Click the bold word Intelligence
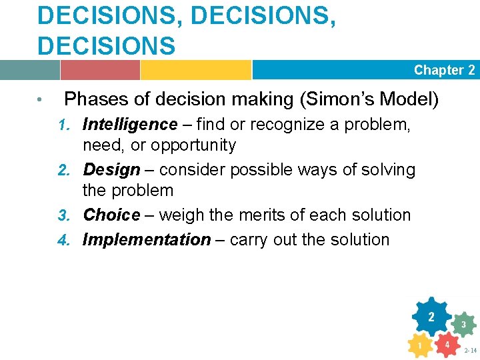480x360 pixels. [x=130, y=125]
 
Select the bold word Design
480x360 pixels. [x=111, y=170]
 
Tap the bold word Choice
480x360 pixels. [x=111, y=215]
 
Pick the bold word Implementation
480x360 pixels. [x=146, y=239]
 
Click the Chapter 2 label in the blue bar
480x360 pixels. [x=444, y=70]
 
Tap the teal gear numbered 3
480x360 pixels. [x=463, y=325]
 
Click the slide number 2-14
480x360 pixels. [x=470, y=349]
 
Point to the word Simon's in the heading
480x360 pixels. [x=337, y=100]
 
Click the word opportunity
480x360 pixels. [x=193, y=145]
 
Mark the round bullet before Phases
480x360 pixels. [x=41, y=101]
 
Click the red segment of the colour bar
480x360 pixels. [x=100, y=70]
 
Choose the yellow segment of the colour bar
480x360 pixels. [x=195, y=70]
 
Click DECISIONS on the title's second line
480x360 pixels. [x=107, y=45]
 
